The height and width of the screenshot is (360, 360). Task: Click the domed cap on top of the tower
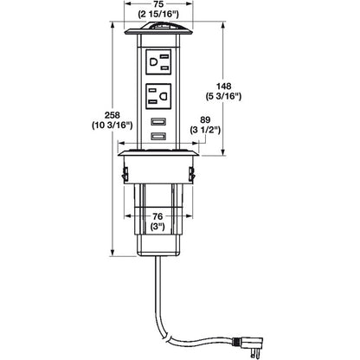click(159, 32)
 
